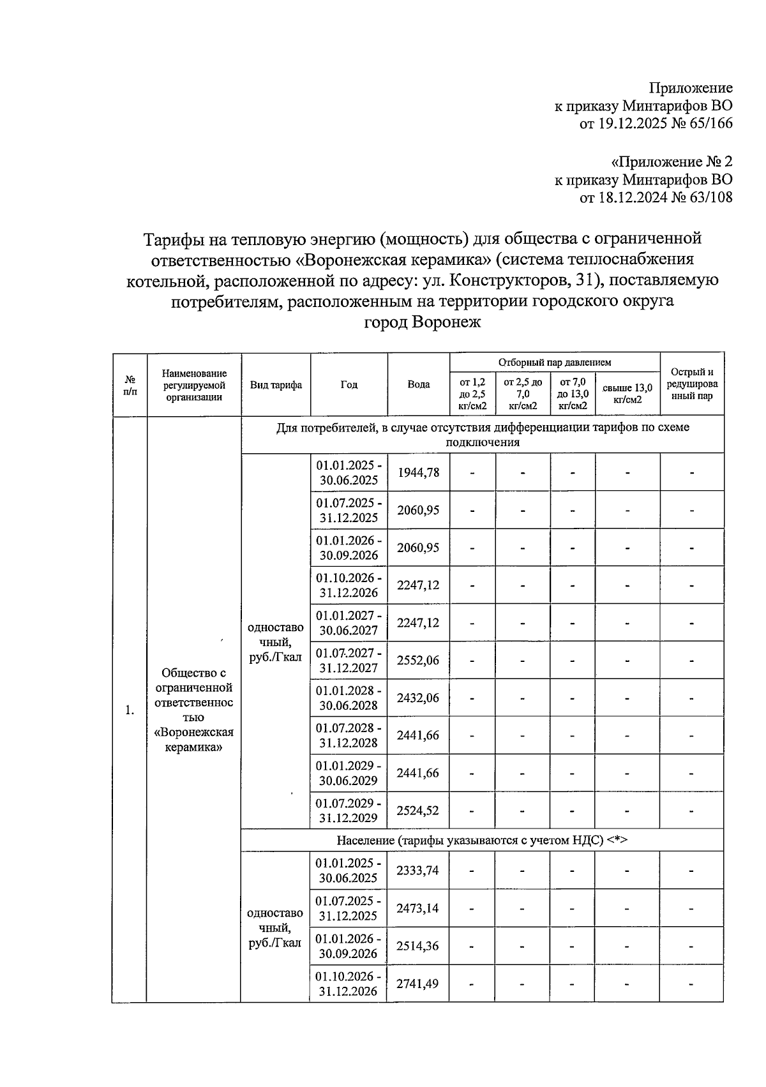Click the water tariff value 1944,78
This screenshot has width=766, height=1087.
[x=418, y=473]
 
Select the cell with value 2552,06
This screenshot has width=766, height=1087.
[x=418, y=661]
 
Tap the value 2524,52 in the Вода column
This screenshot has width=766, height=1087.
[x=418, y=811]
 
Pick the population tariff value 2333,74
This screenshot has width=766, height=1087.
[x=417, y=871]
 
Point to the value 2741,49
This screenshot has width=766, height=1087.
[x=417, y=984]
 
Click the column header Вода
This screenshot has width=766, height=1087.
[x=418, y=384]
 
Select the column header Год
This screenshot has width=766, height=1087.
[x=349, y=384]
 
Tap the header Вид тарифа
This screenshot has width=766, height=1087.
[x=276, y=385]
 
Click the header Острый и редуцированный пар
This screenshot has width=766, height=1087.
[x=692, y=384]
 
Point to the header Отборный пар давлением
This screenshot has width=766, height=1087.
[x=554, y=362]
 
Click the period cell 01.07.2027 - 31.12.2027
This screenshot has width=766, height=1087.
[x=349, y=661]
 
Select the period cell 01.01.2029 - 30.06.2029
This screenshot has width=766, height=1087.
[x=349, y=773]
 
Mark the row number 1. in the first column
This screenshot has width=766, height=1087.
[x=130, y=710]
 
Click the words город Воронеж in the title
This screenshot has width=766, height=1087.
[x=422, y=322]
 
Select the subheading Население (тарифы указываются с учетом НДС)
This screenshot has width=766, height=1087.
[x=482, y=840]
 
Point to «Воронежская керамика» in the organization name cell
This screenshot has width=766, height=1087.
[x=194, y=739]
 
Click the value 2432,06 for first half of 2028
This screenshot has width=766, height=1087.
[x=418, y=698]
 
